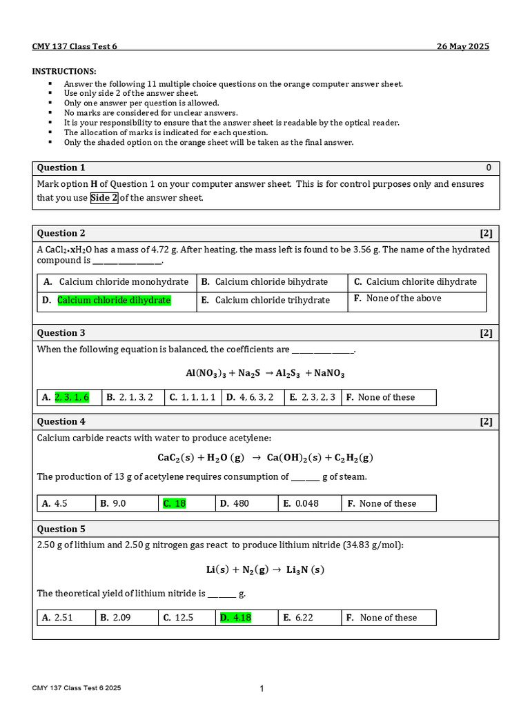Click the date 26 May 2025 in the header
463,46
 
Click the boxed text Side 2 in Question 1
104,198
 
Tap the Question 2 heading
61,233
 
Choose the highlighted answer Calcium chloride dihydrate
114,301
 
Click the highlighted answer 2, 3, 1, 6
72,397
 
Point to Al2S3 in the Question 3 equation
290,374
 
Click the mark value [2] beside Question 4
487,422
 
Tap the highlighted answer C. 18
175,504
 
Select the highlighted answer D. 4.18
235,618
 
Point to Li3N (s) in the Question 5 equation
305,570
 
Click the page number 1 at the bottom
262,689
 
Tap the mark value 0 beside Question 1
489,168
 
